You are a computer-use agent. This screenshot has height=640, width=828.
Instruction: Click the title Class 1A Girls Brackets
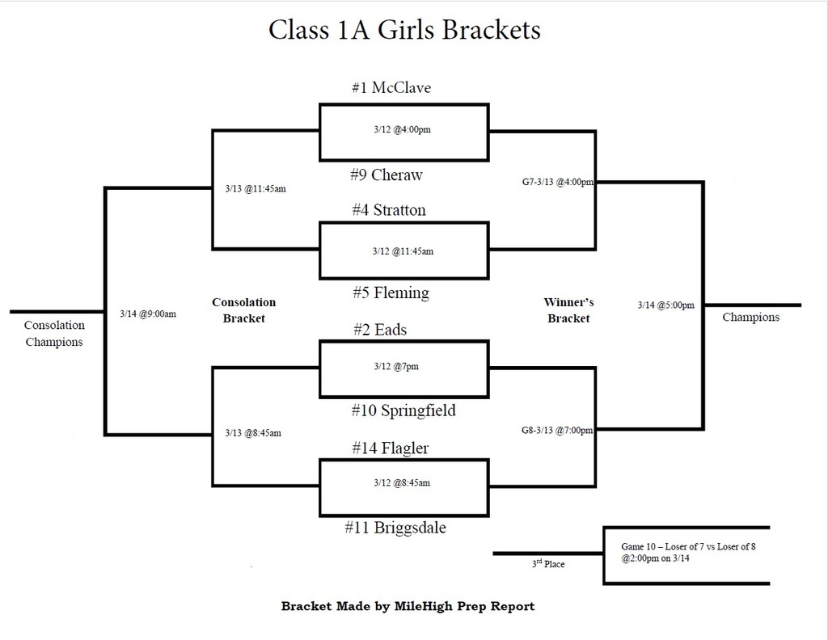coord(403,30)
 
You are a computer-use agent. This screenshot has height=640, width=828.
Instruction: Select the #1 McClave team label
coord(391,88)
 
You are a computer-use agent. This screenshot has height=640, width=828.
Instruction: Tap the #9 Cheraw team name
coord(386,175)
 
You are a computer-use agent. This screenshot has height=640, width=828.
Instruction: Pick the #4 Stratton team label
coord(388,210)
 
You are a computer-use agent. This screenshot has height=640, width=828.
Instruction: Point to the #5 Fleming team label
coord(391,293)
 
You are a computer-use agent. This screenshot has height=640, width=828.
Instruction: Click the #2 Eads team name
coord(379,330)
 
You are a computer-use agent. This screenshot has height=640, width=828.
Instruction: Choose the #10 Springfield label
coord(403,411)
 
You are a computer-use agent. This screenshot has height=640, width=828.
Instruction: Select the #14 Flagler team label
coord(390,448)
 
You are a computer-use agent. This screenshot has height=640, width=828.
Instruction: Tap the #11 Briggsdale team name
coord(395,528)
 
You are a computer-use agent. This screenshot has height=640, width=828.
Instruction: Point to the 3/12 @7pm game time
coord(396,366)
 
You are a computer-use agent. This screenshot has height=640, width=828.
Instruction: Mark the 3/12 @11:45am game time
coord(403,251)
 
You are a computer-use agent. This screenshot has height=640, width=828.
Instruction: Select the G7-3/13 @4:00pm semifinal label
coord(558,183)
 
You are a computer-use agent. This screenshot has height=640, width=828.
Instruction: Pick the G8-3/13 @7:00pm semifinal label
coord(558,430)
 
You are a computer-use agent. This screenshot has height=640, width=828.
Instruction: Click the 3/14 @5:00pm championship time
coord(665,305)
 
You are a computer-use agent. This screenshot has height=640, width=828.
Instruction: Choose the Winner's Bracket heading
coord(568,310)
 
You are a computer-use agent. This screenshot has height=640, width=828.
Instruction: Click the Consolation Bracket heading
coord(243,310)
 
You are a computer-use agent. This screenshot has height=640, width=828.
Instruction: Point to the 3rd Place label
coord(547,564)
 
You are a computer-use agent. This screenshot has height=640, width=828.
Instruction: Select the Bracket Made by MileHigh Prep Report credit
coord(408,606)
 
